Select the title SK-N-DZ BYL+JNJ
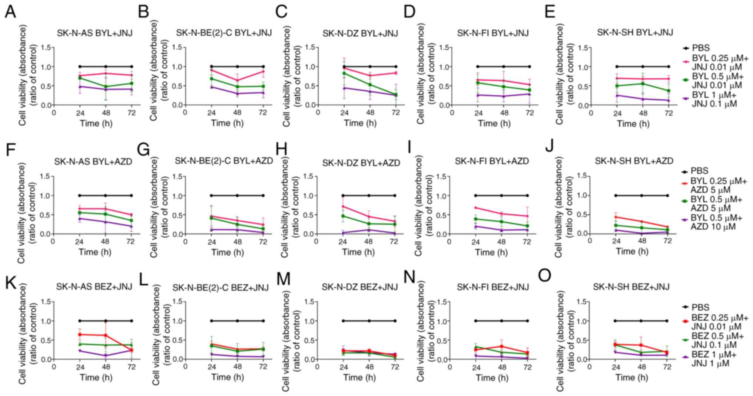pos(360,34)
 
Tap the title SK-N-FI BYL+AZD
pos(491,161)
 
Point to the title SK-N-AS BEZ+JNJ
pos(94,287)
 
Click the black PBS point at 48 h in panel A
pos(106,67)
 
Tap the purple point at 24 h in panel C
pos(344,88)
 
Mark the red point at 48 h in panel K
pos(106,336)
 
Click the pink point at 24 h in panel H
pos(343,206)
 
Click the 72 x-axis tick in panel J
pos(667,240)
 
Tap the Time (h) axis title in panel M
pos(359,377)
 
